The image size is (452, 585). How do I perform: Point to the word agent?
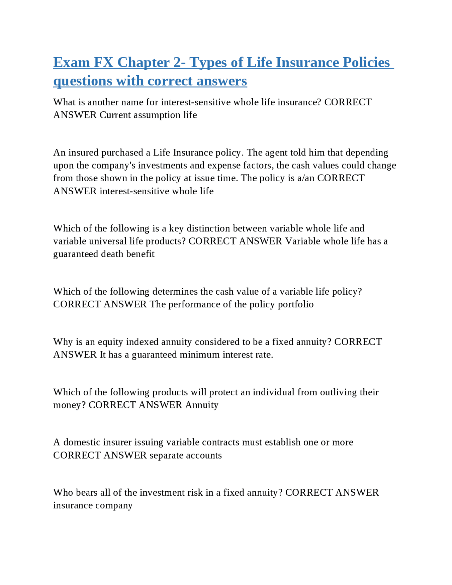(276, 153)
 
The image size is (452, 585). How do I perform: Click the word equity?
(110, 342)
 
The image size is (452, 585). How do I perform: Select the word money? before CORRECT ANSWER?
(69, 405)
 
